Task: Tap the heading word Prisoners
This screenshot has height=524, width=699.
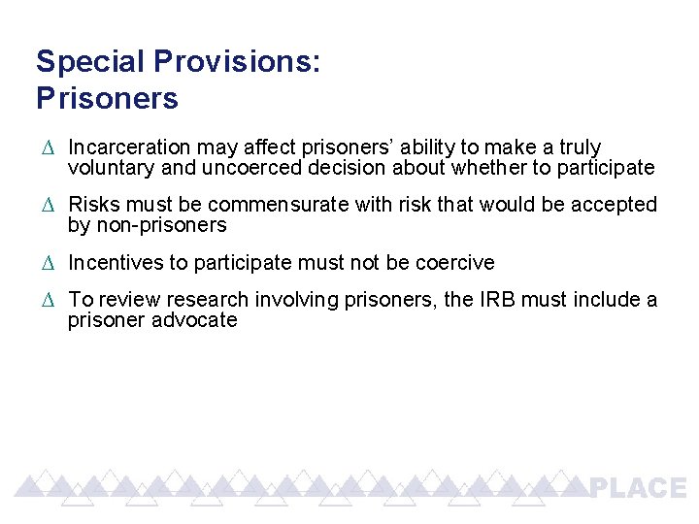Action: [x=107, y=98]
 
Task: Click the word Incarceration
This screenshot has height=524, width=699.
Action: [x=129, y=147]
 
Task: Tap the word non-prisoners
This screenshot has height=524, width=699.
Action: [x=161, y=225]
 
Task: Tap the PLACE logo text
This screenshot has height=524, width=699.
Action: [x=638, y=488]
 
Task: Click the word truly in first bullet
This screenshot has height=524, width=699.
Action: [x=580, y=147]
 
